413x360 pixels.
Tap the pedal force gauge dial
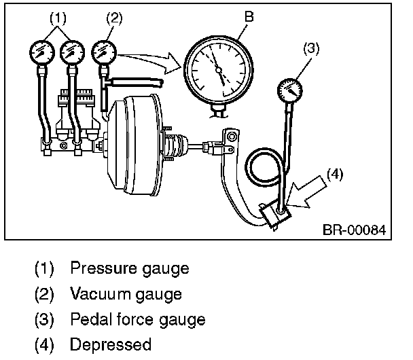click(290, 90)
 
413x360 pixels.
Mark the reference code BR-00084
click(354, 230)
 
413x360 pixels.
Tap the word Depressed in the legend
click(110, 344)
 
